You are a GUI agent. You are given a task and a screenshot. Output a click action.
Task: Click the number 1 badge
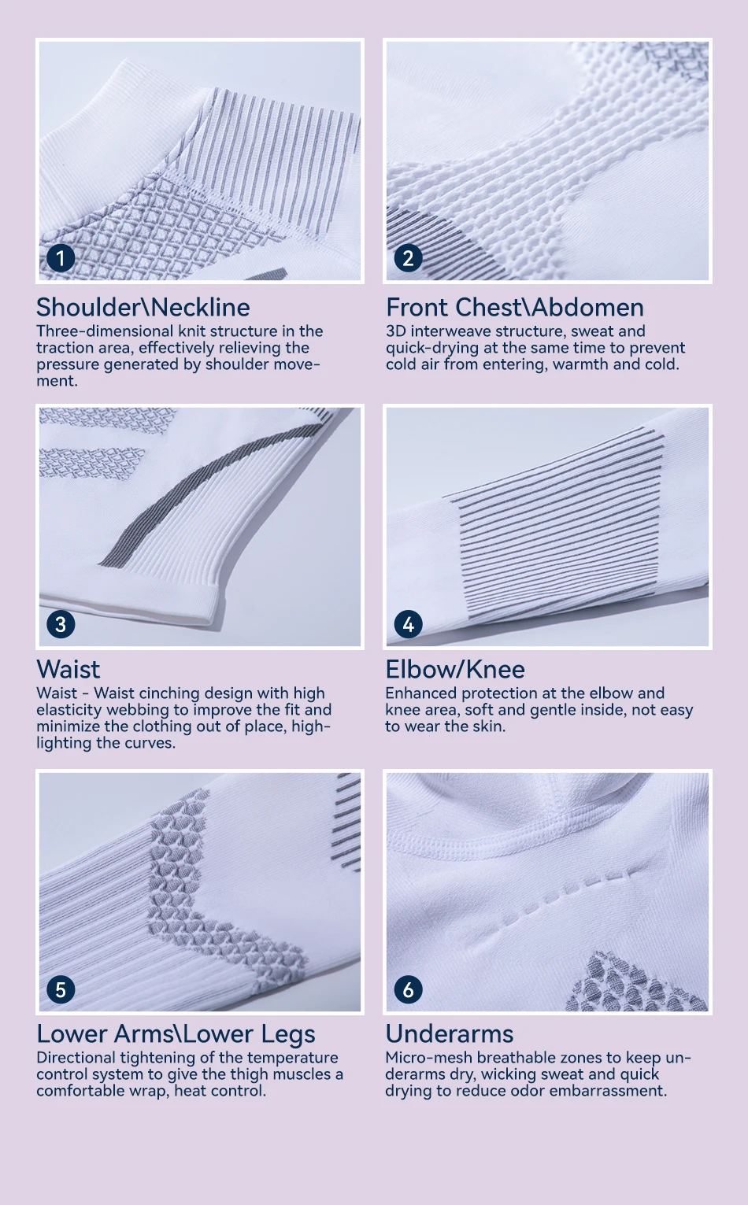click(x=61, y=258)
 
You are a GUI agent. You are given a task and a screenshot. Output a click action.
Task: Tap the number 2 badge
click(x=409, y=258)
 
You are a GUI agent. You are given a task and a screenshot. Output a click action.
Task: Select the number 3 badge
click(x=61, y=624)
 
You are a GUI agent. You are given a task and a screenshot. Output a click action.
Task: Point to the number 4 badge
click(x=409, y=624)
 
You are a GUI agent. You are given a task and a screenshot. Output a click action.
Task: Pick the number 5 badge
click(x=61, y=989)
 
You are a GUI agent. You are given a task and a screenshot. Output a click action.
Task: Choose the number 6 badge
click(x=409, y=989)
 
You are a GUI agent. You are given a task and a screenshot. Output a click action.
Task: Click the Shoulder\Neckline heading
click(x=143, y=308)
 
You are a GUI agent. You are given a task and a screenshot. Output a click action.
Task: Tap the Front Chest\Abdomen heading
click(x=515, y=308)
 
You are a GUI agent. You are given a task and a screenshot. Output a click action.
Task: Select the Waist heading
click(x=69, y=670)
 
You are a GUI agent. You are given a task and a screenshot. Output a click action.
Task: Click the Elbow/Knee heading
click(x=455, y=670)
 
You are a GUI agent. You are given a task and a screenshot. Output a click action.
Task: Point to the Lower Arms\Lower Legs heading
click(x=176, y=1034)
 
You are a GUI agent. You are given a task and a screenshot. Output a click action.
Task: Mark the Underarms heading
click(x=450, y=1034)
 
